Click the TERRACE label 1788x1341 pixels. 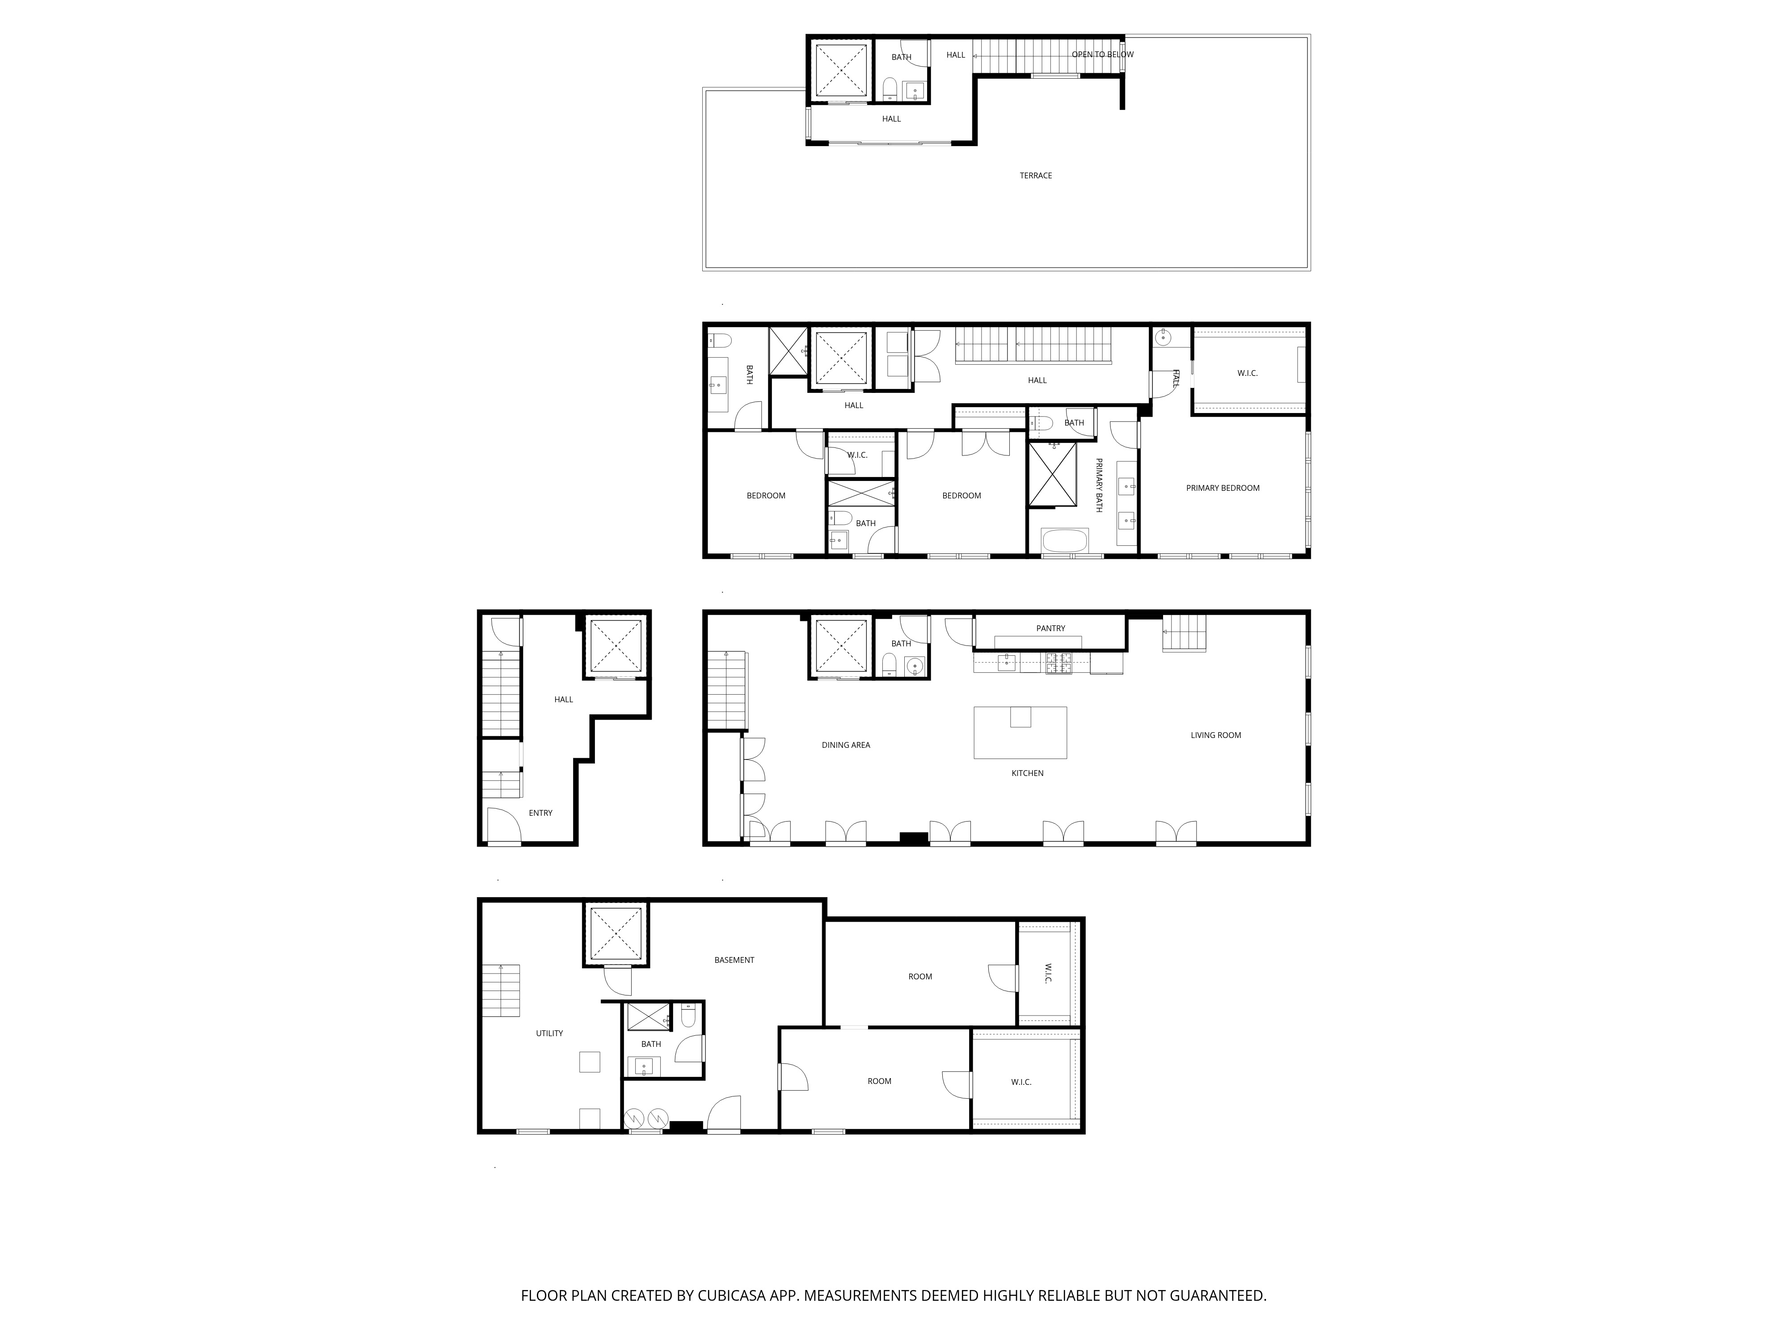[x=1035, y=175]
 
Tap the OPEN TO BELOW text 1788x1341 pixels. [x=1103, y=55]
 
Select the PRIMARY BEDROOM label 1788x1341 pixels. [x=1222, y=488]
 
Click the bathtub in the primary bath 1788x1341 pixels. [x=1065, y=541]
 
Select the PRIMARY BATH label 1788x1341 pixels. [x=1099, y=485]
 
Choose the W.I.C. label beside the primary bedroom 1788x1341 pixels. [x=1247, y=373]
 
